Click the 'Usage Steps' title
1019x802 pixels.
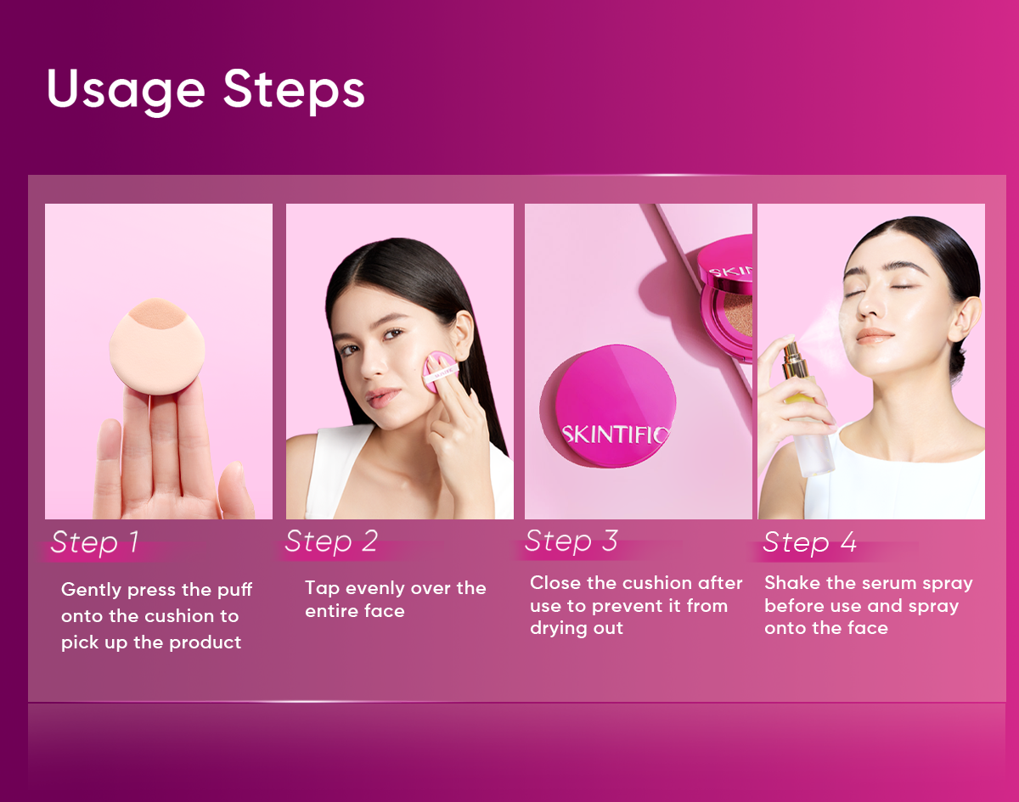(x=206, y=90)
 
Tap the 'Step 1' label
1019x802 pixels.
(x=95, y=541)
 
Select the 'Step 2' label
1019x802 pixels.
(x=331, y=541)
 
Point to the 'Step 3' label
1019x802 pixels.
(x=571, y=541)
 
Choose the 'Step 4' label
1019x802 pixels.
(x=810, y=541)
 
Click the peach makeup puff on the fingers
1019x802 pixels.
(x=157, y=346)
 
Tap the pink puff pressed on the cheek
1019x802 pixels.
(x=439, y=372)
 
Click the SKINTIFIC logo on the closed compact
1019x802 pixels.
(x=615, y=435)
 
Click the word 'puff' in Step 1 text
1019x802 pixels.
(x=234, y=590)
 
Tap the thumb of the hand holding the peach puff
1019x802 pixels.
(x=108, y=468)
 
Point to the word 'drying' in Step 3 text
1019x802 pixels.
(x=557, y=629)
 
